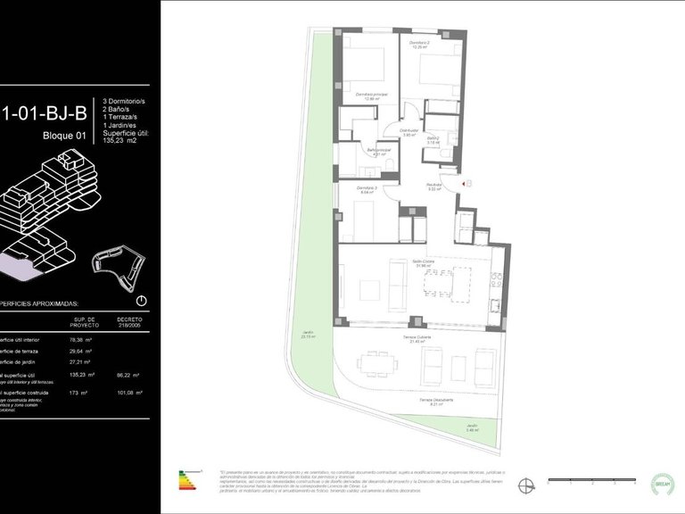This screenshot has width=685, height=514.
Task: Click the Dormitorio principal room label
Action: coord(367,95)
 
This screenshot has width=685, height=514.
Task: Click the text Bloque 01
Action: coord(64,136)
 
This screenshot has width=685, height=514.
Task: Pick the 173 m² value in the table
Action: coord(81,392)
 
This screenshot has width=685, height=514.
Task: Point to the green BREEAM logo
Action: coord(662,482)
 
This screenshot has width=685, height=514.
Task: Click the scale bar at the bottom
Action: coord(590,481)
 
